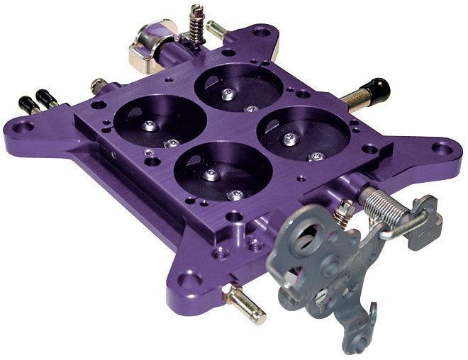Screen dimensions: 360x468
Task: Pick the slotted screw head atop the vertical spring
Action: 197,9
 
